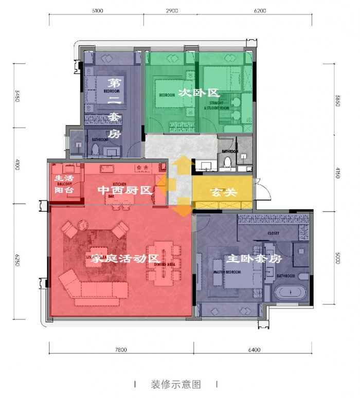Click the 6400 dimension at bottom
(254, 350)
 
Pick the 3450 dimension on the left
(17, 96)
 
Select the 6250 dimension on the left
(17, 263)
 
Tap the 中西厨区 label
(125, 191)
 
